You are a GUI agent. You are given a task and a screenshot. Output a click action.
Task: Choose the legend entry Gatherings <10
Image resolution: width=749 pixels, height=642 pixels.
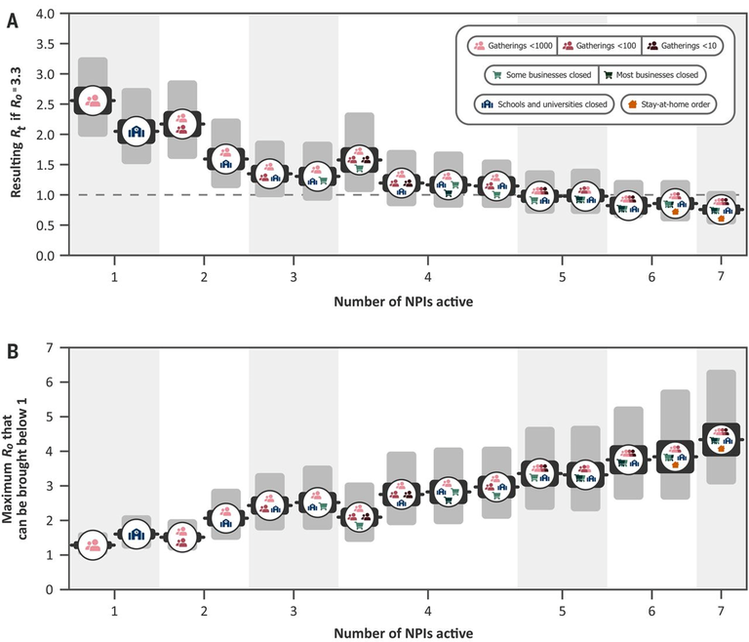click(679, 46)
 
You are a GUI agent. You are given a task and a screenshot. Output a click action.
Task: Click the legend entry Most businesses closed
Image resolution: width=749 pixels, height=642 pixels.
click(650, 74)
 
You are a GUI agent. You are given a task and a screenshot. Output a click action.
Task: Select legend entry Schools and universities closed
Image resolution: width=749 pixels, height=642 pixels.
click(542, 102)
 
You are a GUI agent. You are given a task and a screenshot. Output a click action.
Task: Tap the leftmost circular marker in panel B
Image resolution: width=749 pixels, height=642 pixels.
click(93, 545)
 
